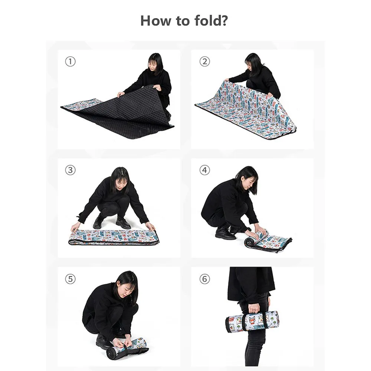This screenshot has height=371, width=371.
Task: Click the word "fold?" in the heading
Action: [x=211, y=20]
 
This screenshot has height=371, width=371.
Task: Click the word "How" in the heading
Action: [x=155, y=20]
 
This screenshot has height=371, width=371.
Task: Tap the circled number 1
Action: [x=70, y=62]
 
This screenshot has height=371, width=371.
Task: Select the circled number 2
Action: [x=205, y=62]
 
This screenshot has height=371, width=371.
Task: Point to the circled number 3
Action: [x=70, y=170]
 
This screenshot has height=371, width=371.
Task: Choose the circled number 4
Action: [x=205, y=170]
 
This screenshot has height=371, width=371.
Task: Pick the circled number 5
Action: [x=70, y=279]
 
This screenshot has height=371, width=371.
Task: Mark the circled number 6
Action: [x=205, y=279]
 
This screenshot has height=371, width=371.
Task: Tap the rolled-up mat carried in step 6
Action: [x=252, y=321]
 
